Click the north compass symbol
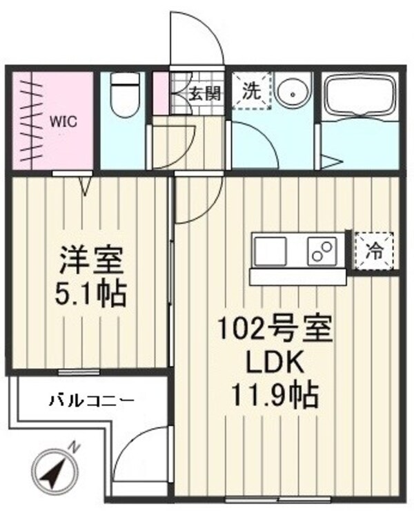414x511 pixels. point(51,472)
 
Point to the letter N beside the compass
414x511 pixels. point(75,448)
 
